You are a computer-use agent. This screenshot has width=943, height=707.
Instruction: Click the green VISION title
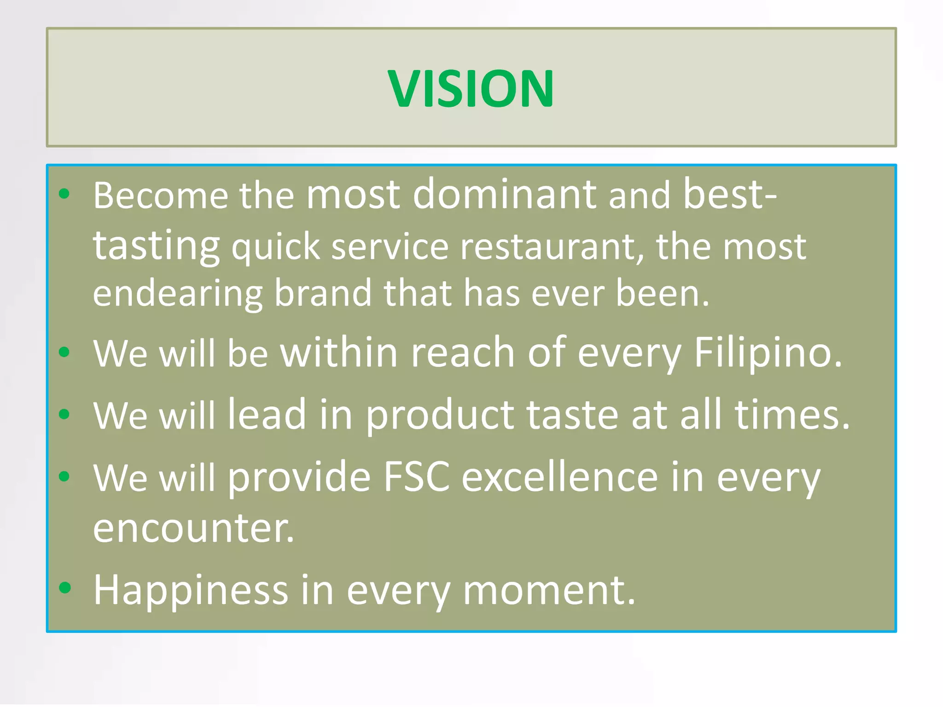pos(471,88)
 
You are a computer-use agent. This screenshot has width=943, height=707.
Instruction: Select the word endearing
pos(177,294)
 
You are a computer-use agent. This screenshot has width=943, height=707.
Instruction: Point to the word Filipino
pos(768,353)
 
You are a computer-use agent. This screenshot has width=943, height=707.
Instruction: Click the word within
pos(339,353)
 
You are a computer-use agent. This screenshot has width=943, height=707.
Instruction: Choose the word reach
pos(462,353)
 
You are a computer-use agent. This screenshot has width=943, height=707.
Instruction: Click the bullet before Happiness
pos(65,587)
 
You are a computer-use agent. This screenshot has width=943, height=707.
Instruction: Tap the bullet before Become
pos(64,193)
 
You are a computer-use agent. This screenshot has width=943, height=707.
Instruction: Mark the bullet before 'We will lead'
pos(64,414)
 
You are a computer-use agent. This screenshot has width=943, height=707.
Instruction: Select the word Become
pos(160,195)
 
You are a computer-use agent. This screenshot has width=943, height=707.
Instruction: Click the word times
pos(792,415)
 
